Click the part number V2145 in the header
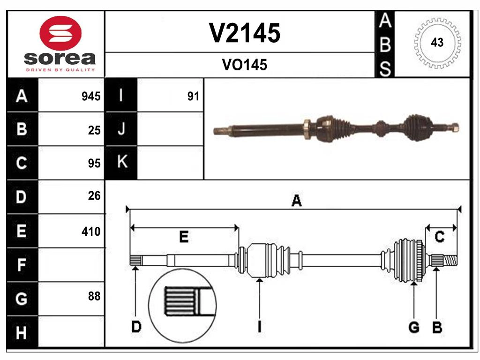pyautogui.click(x=244, y=33)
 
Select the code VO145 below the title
pyautogui.click(x=244, y=65)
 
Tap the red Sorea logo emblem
pyautogui.click(x=60, y=33)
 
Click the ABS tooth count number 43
pyautogui.click(x=437, y=43)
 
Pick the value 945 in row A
pyautogui.click(x=91, y=97)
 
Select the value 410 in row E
pyautogui.click(x=91, y=231)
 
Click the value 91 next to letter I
pyautogui.click(x=193, y=97)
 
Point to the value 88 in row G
pyautogui.click(x=94, y=296)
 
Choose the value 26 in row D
pyautogui.click(x=94, y=196)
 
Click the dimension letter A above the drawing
pyautogui.click(x=296, y=201)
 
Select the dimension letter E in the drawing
pyautogui.click(x=184, y=237)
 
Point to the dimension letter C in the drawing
pyautogui.click(x=439, y=237)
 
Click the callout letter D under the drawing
pyautogui.click(x=136, y=327)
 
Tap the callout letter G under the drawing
pyautogui.click(x=413, y=327)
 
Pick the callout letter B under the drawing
pyautogui.click(x=437, y=327)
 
